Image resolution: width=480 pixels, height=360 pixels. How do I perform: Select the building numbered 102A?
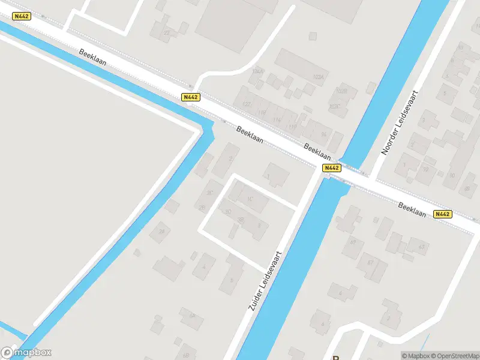318,77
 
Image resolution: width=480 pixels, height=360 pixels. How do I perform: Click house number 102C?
335,106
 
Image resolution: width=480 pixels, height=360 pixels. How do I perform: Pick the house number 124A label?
258,71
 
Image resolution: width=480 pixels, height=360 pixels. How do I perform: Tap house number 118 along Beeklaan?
261,112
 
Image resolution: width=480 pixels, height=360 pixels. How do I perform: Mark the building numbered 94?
324,134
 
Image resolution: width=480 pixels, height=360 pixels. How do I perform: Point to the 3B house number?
241,220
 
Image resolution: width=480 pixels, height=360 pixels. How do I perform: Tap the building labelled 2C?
209,193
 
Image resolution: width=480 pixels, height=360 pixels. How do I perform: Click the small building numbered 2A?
161,230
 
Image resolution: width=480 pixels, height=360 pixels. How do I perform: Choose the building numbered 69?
353,242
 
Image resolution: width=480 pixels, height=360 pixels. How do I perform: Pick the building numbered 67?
370,262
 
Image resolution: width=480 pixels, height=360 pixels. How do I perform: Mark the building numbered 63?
421,247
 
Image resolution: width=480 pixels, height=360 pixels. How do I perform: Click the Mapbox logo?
26,353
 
